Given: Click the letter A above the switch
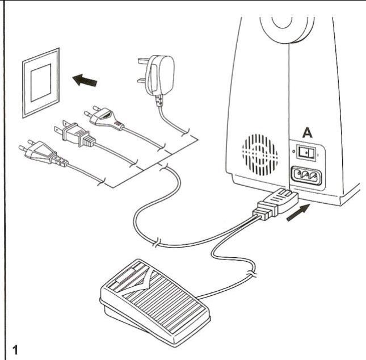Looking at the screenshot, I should (306, 133).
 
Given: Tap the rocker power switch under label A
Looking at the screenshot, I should (307, 152).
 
